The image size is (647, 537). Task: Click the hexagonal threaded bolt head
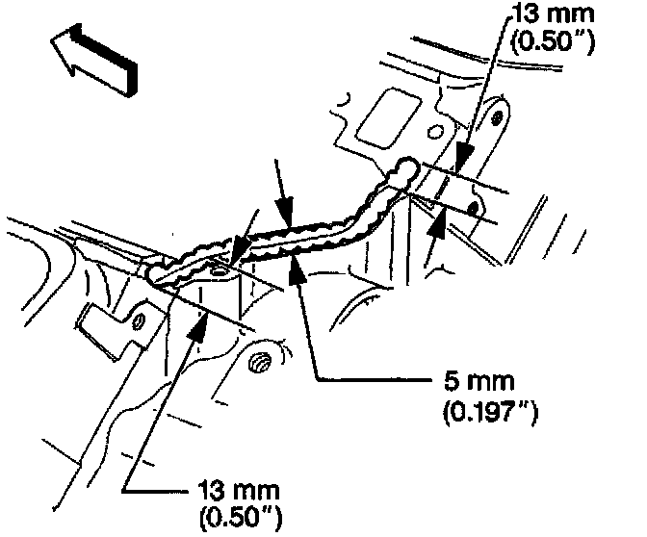click(x=258, y=363)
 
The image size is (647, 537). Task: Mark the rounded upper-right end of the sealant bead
click(x=410, y=169)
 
